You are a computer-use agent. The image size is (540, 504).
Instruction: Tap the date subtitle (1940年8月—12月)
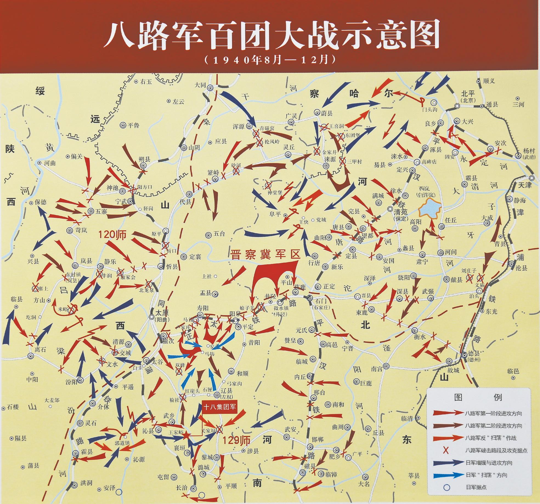click(x=270, y=59)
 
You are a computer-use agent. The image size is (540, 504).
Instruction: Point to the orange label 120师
click(x=112, y=235)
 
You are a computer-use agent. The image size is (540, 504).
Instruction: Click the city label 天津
click(x=525, y=185)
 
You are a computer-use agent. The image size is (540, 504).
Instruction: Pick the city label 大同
click(x=200, y=85)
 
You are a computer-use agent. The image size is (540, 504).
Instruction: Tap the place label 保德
click(x=41, y=202)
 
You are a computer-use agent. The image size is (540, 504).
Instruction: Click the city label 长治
click(x=181, y=488)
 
